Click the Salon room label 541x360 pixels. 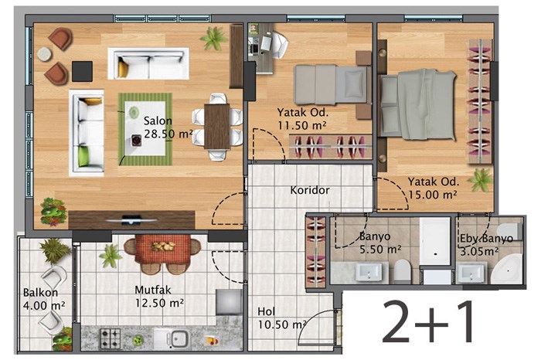(158, 121)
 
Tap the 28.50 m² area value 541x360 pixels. (168, 134)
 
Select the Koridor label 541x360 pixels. (309, 190)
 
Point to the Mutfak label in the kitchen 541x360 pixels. (152, 290)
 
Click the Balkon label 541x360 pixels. (40, 293)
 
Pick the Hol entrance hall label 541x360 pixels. (267, 312)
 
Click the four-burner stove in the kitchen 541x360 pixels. (111, 338)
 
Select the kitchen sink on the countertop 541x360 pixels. (175, 338)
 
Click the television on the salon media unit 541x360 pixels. (131, 220)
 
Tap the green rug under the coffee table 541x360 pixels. (145, 129)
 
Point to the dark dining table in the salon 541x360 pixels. (217, 126)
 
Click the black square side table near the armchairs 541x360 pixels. (82, 71)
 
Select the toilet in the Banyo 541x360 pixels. (402, 270)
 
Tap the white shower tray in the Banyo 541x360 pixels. (435, 241)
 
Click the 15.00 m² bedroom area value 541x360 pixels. (433, 195)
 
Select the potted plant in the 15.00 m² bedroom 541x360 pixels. (480, 179)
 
